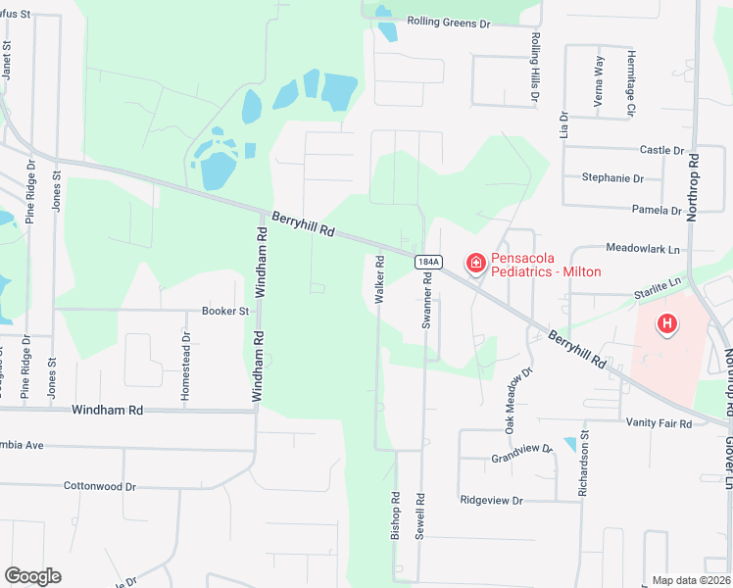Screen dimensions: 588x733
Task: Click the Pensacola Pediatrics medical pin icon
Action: pos(475,263)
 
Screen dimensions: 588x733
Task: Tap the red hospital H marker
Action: pos(667,322)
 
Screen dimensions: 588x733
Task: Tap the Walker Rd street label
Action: pos(379,280)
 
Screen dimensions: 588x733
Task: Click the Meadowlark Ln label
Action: pos(643,250)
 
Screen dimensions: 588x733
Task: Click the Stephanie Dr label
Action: pos(612,178)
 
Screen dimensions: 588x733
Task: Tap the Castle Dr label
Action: pos(661,150)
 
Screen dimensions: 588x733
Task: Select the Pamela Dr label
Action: pos(657,210)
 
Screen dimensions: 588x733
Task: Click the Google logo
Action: pos(32,576)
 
